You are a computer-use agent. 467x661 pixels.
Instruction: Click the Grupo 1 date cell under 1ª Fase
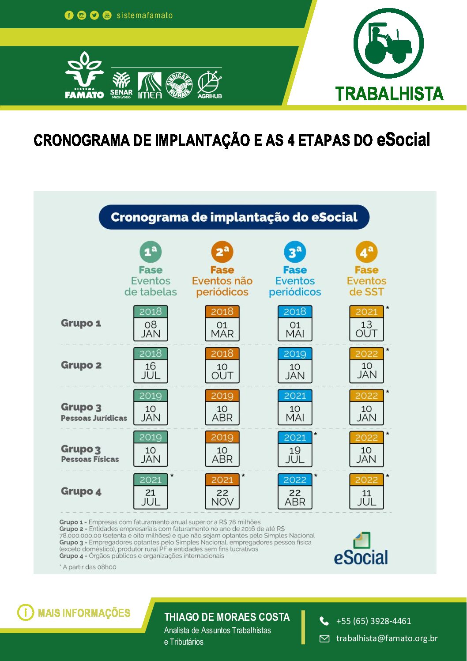coord(151,323)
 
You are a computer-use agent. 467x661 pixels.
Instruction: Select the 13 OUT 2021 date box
coord(366,323)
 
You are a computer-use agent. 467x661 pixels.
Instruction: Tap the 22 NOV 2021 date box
coord(222,491)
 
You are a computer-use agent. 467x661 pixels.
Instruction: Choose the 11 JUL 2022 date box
coord(366,491)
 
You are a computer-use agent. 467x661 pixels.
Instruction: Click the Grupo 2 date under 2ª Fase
coord(222,365)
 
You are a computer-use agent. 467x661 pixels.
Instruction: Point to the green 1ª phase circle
coord(151,252)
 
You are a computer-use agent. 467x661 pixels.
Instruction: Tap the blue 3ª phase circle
coord(295,252)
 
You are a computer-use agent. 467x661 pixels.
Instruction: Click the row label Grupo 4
coord(81,491)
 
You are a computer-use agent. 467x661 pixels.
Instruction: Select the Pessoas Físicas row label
coord(90,459)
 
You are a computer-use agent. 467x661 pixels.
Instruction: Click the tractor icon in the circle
coord(388,43)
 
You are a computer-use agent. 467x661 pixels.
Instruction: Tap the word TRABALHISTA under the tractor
coord(389,94)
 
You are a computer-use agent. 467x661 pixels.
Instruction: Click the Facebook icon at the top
coord(69,15)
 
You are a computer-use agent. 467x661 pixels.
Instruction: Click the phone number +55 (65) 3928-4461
coord(373,621)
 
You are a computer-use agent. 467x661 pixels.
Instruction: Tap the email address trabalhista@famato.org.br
coord(387,638)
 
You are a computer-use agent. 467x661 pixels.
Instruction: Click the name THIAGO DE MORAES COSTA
coord(227,617)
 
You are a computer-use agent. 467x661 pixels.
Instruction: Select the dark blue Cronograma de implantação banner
coord(234,217)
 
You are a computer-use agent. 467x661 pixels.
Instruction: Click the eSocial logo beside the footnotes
coord(361,550)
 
